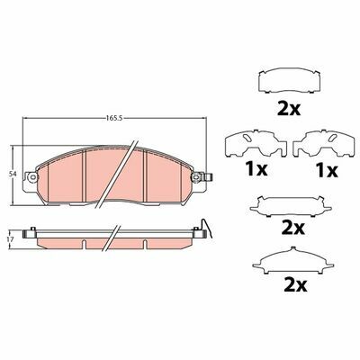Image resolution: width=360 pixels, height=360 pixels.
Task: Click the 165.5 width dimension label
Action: pyautogui.click(x=114, y=118)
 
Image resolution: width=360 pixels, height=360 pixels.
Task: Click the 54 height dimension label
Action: pyautogui.click(x=13, y=174)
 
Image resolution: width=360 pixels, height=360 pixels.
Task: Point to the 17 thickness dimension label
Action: pyautogui.click(x=12, y=239)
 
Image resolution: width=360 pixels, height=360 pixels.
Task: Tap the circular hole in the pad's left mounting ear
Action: pyautogui.click(x=32, y=177)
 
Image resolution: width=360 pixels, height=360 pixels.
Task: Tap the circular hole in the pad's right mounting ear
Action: pyautogui.click(x=196, y=177)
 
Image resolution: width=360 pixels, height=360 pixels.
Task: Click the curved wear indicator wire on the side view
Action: pyautogui.click(x=208, y=228)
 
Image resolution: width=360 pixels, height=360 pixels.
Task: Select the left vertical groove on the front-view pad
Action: pyautogui.click(x=84, y=175)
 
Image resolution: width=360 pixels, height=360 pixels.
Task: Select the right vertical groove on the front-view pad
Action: pyautogui.click(x=145, y=175)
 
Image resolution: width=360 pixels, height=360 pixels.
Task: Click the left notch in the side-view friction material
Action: pyautogui.click(x=84, y=244)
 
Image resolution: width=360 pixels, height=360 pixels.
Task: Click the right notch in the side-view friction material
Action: pyautogui.click(x=145, y=244)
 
